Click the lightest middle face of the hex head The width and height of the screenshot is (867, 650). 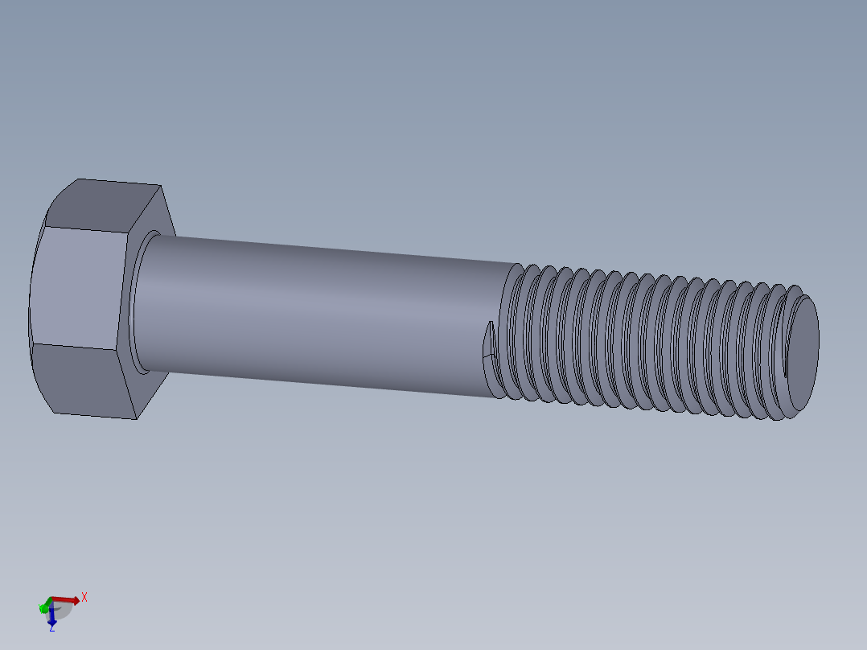(x=80, y=288)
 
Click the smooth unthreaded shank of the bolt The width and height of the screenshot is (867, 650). (x=322, y=314)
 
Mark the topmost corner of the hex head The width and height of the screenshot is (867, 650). (x=79, y=179)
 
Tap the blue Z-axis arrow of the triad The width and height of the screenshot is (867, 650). (x=51, y=618)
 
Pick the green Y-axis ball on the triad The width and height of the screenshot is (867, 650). (x=43, y=608)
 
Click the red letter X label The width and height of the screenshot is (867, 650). (x=84, y=597)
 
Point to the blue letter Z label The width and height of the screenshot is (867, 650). (x=51, y=629)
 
